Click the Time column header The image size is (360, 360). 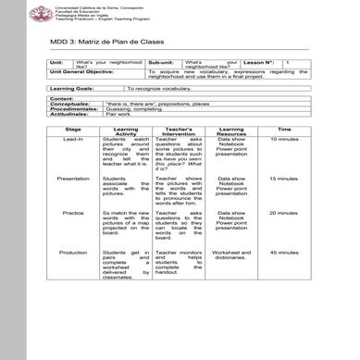click(x=284, y=129)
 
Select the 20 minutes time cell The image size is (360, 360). click(x=284, y=213)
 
